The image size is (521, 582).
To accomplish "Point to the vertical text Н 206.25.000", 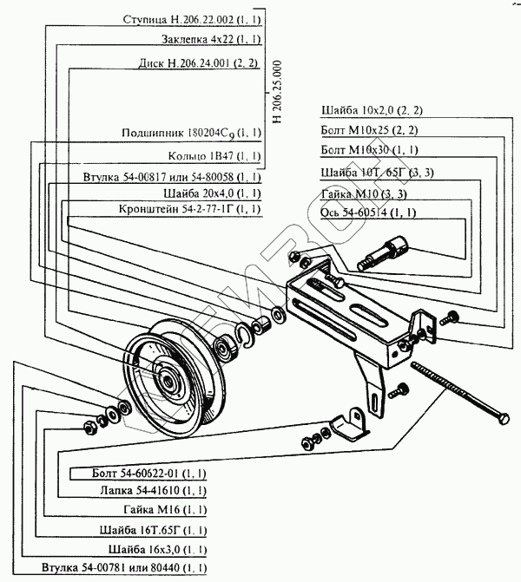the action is click(277, 92).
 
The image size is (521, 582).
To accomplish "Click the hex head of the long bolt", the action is click(503, 419).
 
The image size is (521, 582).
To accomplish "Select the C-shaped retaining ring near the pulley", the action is click(244, 336).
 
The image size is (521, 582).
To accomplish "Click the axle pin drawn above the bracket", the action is click(383, 252).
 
